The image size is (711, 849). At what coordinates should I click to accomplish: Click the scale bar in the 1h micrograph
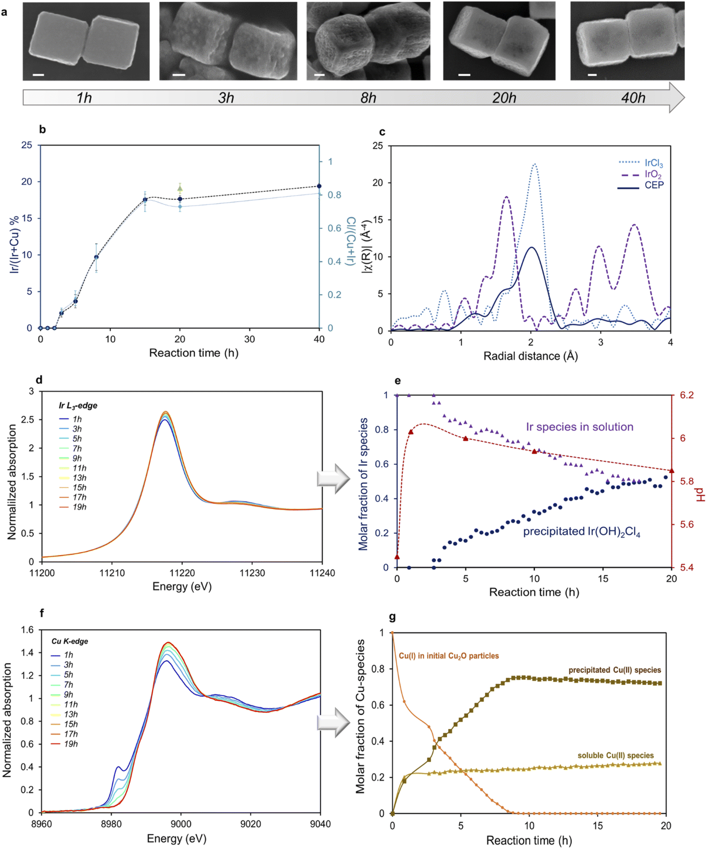(38, 75)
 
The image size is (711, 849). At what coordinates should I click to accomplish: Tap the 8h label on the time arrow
(368, 98)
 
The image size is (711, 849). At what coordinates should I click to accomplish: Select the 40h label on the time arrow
(633, 98)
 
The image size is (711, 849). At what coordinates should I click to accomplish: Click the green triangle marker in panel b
(180, 188)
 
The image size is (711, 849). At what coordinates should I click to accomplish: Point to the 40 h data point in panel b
(319, 186)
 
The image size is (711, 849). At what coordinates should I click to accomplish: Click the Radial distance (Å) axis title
(530, 356)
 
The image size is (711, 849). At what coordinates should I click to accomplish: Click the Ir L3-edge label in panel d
(78, 405)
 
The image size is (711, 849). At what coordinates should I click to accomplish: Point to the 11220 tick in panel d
(182, 573)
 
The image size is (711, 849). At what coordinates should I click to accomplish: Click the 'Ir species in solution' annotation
(579, 427)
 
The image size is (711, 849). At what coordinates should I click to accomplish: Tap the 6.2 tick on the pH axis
(686, 395)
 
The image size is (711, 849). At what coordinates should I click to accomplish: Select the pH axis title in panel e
(701, 495)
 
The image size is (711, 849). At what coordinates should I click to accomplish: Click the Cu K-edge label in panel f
(70, 641)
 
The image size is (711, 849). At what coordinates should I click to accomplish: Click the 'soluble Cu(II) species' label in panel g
(615, 755)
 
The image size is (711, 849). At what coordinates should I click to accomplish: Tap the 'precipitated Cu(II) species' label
(614, 670)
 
